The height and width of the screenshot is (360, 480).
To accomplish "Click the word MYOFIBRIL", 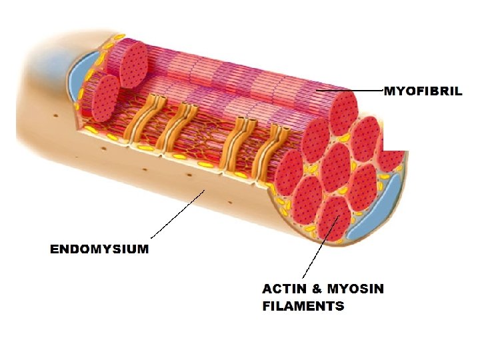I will (423, 91).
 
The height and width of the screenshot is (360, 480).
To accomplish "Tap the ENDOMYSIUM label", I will (99, 249).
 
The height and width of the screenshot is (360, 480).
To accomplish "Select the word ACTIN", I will (284, 289).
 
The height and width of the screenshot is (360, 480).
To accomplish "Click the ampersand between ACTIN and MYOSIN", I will (317, 289).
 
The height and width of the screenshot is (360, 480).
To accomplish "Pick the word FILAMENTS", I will (303, 307).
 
